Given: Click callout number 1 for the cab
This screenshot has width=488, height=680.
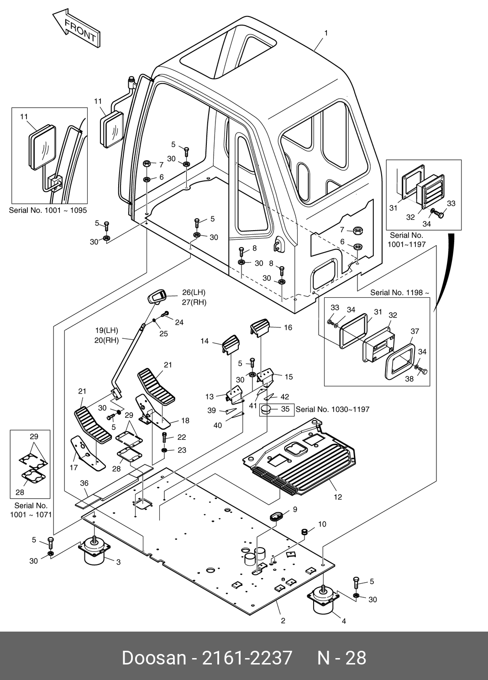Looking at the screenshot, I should pos(326,33).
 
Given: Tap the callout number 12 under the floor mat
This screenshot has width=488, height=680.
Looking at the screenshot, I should pos(338,497).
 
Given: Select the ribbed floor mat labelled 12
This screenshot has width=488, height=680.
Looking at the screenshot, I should pos(304,461).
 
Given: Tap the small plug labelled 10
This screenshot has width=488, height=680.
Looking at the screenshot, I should pos(303,532).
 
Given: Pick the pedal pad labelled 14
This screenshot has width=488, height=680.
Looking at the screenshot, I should pos(231,343).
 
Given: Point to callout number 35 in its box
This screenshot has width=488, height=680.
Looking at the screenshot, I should pos(285,409).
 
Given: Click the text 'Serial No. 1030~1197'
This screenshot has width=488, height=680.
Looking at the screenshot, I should pos(332,409).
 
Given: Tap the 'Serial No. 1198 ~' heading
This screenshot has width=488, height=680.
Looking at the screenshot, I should pos(399,292).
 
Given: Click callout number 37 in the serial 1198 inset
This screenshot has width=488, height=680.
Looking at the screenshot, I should pos(414,331).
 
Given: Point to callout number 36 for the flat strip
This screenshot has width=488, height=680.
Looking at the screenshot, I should pos(84,483).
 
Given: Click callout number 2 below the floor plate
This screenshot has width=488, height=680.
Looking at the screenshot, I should pos(283,621).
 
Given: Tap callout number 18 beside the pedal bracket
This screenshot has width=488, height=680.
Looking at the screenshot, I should pos(185,420).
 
